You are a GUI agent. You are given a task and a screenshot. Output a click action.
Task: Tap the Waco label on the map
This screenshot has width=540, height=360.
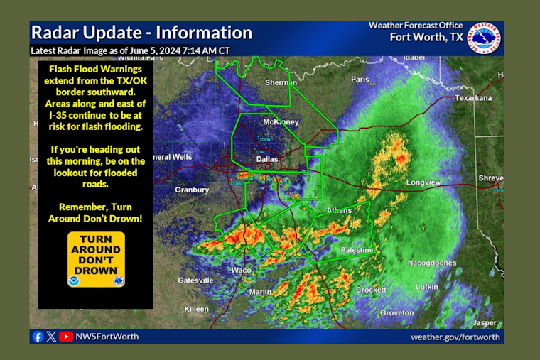point(242,271)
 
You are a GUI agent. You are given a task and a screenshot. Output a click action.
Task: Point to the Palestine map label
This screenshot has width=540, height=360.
point(355,251)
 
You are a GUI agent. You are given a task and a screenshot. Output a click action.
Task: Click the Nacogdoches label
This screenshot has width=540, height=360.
point(432,263)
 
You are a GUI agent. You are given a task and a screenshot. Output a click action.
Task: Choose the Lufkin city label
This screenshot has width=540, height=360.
point(427,286)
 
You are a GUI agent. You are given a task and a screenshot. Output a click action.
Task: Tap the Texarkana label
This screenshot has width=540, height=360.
point(474,98)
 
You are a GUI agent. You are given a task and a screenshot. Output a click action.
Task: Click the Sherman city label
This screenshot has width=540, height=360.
point(281,83)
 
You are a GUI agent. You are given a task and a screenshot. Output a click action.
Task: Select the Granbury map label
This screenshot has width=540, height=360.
point(192,190)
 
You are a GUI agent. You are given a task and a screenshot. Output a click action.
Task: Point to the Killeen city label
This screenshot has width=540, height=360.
point(196,309)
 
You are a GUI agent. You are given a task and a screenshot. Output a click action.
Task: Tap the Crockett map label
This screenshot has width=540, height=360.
point(371,290)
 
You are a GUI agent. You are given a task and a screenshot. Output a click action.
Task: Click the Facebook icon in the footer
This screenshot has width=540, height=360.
point(38,337)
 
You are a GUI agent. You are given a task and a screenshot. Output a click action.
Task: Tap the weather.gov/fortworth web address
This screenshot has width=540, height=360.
point(455,337)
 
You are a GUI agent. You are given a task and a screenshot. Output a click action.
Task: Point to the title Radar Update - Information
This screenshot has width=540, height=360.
point(141,33)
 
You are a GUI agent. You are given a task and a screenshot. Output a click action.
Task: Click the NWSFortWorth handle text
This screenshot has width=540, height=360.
point(107,337)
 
